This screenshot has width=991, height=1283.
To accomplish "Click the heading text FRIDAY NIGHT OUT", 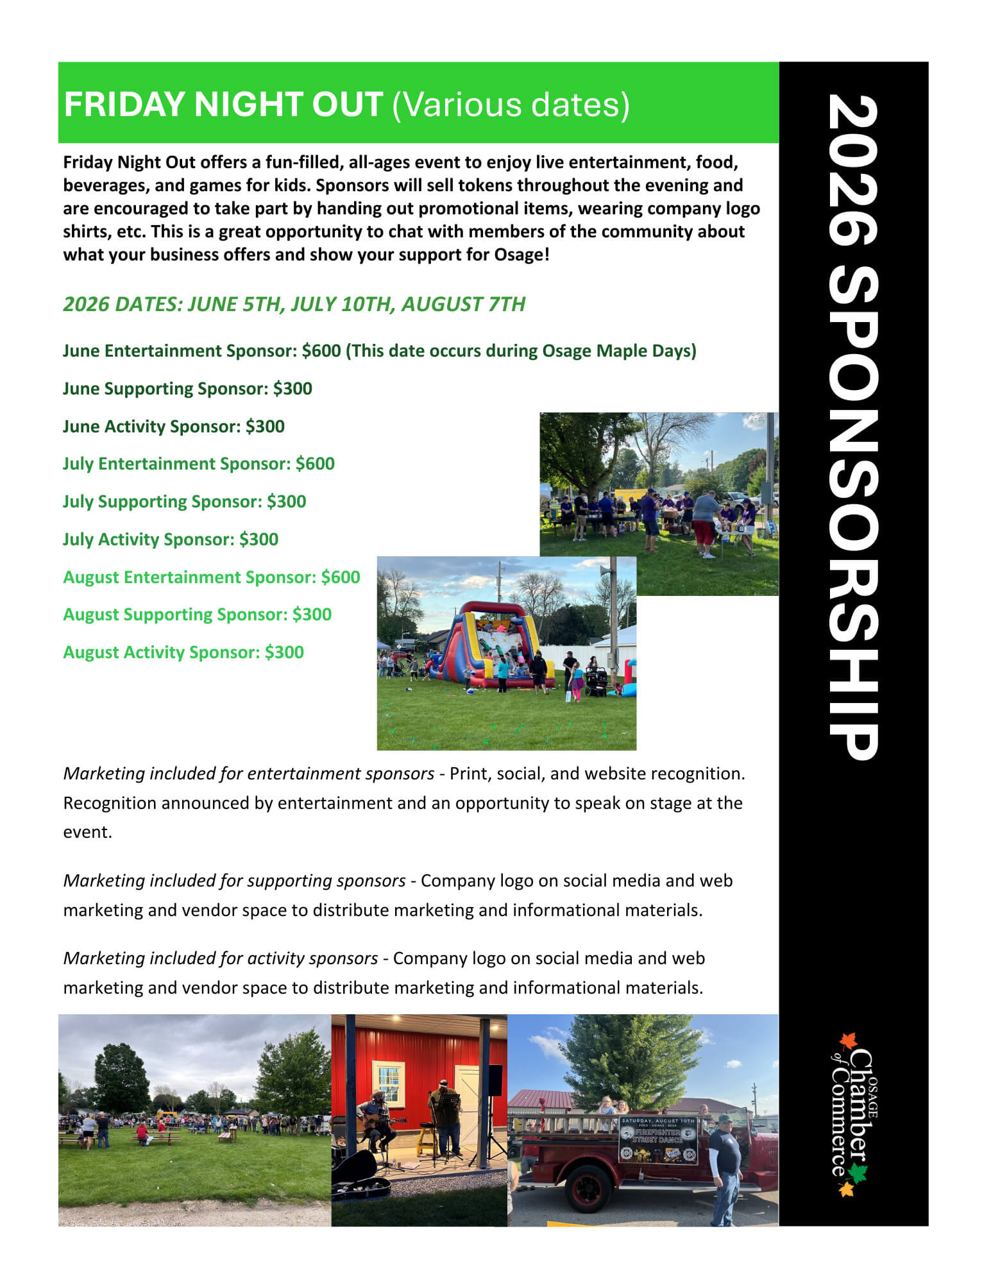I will [223, 105].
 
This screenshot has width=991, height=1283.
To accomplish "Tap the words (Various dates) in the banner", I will [511, 105].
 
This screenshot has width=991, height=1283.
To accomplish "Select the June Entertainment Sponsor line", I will [379, 351].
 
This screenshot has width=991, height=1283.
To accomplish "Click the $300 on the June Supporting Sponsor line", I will [292, 389].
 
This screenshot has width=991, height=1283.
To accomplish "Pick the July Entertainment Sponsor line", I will [198, 464].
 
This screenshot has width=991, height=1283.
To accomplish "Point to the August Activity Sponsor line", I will [183, 652].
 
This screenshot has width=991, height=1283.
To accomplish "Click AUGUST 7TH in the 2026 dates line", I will [463, 304].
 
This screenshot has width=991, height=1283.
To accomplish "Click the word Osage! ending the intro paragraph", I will [521, 255].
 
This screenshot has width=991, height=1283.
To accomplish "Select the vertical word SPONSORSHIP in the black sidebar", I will [853, 513].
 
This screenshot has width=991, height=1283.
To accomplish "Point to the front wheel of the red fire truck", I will [589, 1187].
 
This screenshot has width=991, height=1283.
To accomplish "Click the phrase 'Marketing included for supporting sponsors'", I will [234, 881].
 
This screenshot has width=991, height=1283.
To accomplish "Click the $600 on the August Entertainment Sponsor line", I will [341, 577].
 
